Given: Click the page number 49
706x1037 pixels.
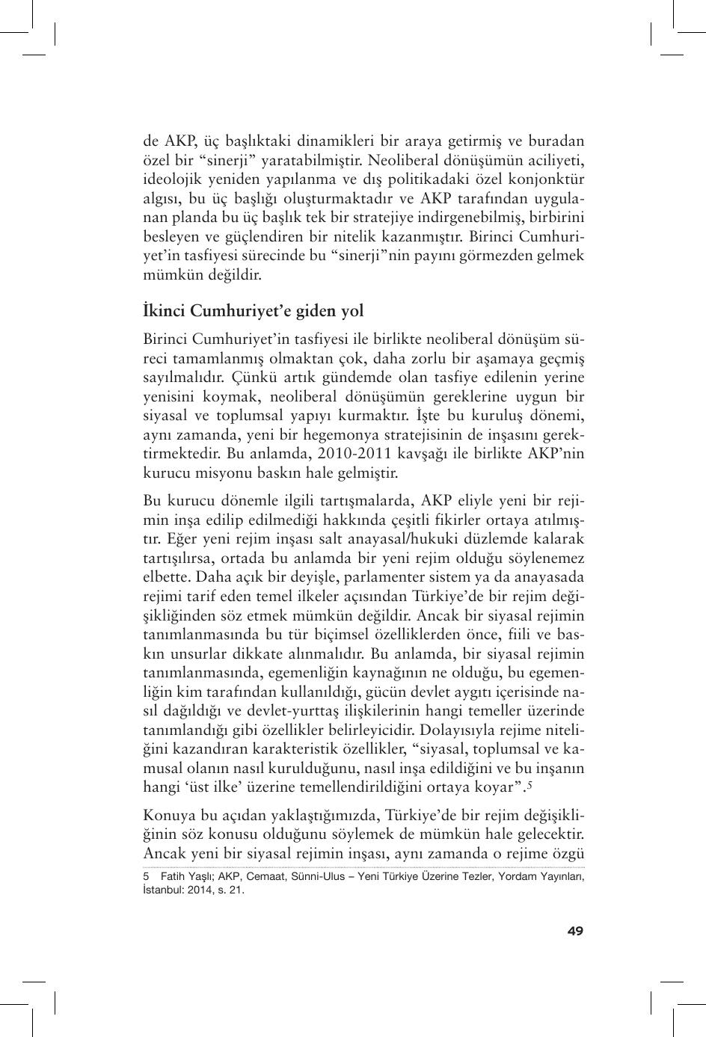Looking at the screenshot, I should [x=574, y=931].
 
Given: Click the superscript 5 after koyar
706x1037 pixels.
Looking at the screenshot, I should [x=529, y=784].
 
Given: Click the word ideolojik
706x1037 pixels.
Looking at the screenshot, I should [x=168, y=179].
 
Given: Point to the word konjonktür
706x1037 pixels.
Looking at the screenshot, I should [x=545, y=179].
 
